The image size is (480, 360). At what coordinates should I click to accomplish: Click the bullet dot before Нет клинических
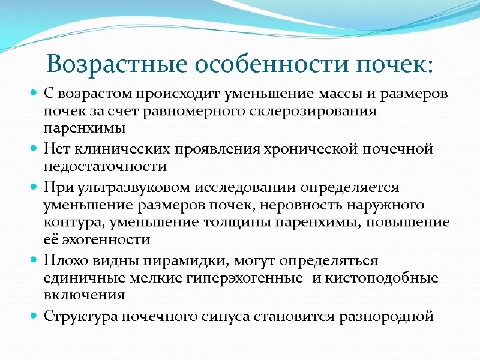point(34,148)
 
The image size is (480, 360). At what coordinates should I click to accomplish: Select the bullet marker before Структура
point(34,316)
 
